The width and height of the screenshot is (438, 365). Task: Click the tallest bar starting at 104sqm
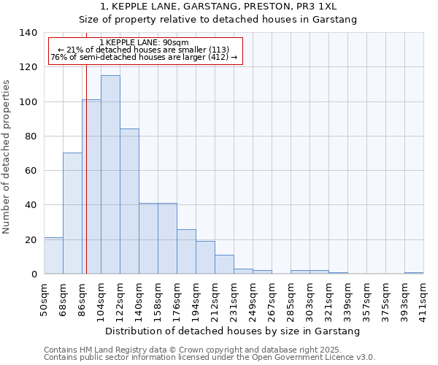click(110, 175)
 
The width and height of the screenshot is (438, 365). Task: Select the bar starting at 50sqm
click(53, 255)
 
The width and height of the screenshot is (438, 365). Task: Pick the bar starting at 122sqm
click(129, 201)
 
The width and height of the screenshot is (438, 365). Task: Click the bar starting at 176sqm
click(186, 252)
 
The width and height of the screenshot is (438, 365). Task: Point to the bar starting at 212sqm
click(224, 264)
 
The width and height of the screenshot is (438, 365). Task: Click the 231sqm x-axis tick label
click(234, 298)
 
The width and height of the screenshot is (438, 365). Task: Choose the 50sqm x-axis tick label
click(44, 298)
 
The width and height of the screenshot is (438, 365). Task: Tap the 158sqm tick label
click(158, 298)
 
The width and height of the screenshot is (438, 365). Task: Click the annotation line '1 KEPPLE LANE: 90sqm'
click(144, 42)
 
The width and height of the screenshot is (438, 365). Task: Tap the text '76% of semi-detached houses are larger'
click(135, 57)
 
